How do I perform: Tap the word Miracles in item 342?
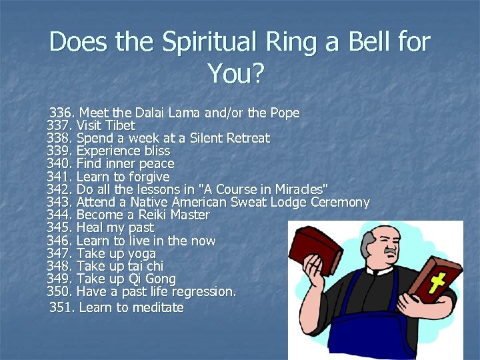pos(294,189)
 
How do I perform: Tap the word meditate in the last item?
pos(159,307)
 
